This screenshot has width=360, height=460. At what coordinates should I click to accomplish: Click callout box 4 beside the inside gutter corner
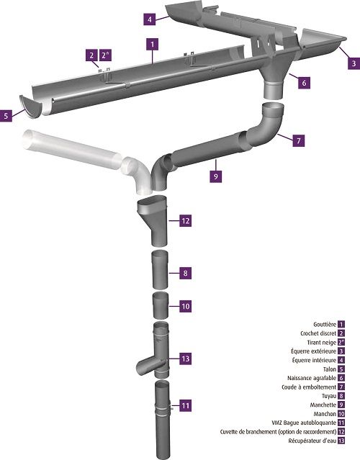pyautogui.click(x=150, y=19)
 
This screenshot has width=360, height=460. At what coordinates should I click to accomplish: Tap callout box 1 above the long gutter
pyautogui.click(x=152, y=45)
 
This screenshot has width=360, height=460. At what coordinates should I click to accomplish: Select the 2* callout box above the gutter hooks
pyautogui.click(x=105, y=55)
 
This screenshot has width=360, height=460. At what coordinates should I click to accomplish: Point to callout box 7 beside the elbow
pyautogui.click(x=298, y=140)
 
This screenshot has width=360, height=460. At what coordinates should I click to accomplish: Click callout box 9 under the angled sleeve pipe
pyautogui.click(x=216, y=176)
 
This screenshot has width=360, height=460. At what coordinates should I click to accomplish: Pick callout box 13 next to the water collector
pyautogui.click(x=186, y=358)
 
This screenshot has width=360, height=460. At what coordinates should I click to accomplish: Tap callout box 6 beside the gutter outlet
pyautogui.click(x=304, y=83)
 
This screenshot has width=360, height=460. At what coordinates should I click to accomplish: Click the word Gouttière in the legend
pyautogui.click(x=325, y=325)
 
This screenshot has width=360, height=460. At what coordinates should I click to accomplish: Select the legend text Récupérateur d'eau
pyautogui.click(x=312, y=441)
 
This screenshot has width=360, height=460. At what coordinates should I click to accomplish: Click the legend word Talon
pyautogui.click(x=330, y=369)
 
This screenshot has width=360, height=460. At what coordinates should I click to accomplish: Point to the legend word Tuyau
pyautogui.click(x=329, y=396)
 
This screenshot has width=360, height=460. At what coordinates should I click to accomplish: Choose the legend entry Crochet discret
pyautogui.click(x=318, y=333)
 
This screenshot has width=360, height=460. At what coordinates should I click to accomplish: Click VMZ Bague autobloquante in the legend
pyautogui.click(x=304, y=423)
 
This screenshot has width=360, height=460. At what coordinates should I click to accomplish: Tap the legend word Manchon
pyautogui.click(x=325, y=414)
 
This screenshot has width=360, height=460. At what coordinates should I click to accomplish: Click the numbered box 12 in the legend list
pyautogui.click(x=341, y=432)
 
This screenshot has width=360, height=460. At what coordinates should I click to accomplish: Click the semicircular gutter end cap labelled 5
pyautogui.click(x=31, y=107)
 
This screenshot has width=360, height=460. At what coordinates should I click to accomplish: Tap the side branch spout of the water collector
pyautogui.click(x=146, y=366)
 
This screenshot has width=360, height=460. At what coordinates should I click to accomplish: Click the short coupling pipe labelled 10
pyautogui.click(x=161, y=306)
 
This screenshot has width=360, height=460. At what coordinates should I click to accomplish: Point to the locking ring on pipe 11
pyautogui.click(x=162, y=408)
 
